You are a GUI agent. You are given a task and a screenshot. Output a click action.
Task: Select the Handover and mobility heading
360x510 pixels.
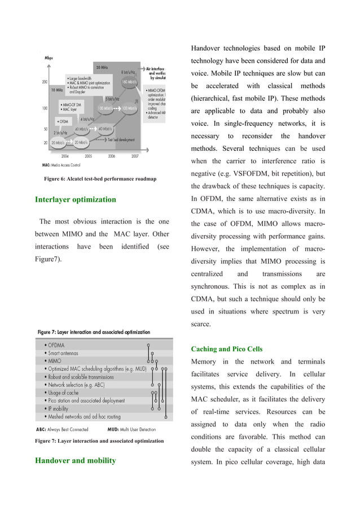75,460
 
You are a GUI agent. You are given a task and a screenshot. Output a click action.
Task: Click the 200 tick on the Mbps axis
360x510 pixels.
44,82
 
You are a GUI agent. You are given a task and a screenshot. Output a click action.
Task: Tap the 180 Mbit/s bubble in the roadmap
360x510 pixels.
131,81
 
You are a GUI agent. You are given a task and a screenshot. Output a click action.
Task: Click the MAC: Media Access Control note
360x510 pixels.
65,165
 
